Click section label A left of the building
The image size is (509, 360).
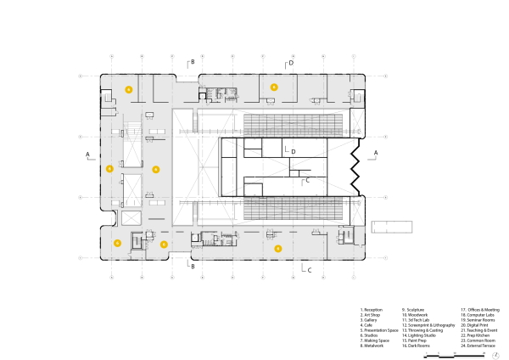tap(87, 155)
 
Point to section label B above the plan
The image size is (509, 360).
tap(193, 62)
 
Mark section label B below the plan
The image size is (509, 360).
tap(193, 267)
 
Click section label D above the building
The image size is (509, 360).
tap(291, 63)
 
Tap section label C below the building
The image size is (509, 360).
tap(310, 270)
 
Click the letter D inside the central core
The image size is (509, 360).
tap(292, 150)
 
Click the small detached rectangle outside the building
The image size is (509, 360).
tap(392, 228)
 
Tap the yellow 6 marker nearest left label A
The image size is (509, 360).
tap(109, 169)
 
